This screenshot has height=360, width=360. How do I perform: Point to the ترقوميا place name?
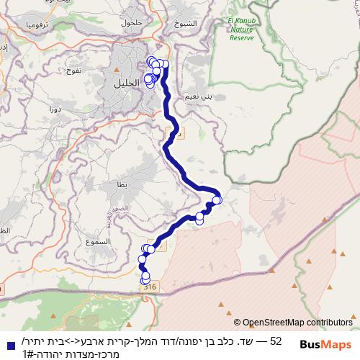pyautogui.click(x=34, y=24)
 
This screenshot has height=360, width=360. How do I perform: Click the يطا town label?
pyautogui.click(x=121, y=185)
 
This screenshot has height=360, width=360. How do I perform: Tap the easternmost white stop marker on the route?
pyautogui.click(x=217, y=200)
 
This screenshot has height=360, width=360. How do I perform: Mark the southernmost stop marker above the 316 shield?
pyautogui.click(x=145, y=278)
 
